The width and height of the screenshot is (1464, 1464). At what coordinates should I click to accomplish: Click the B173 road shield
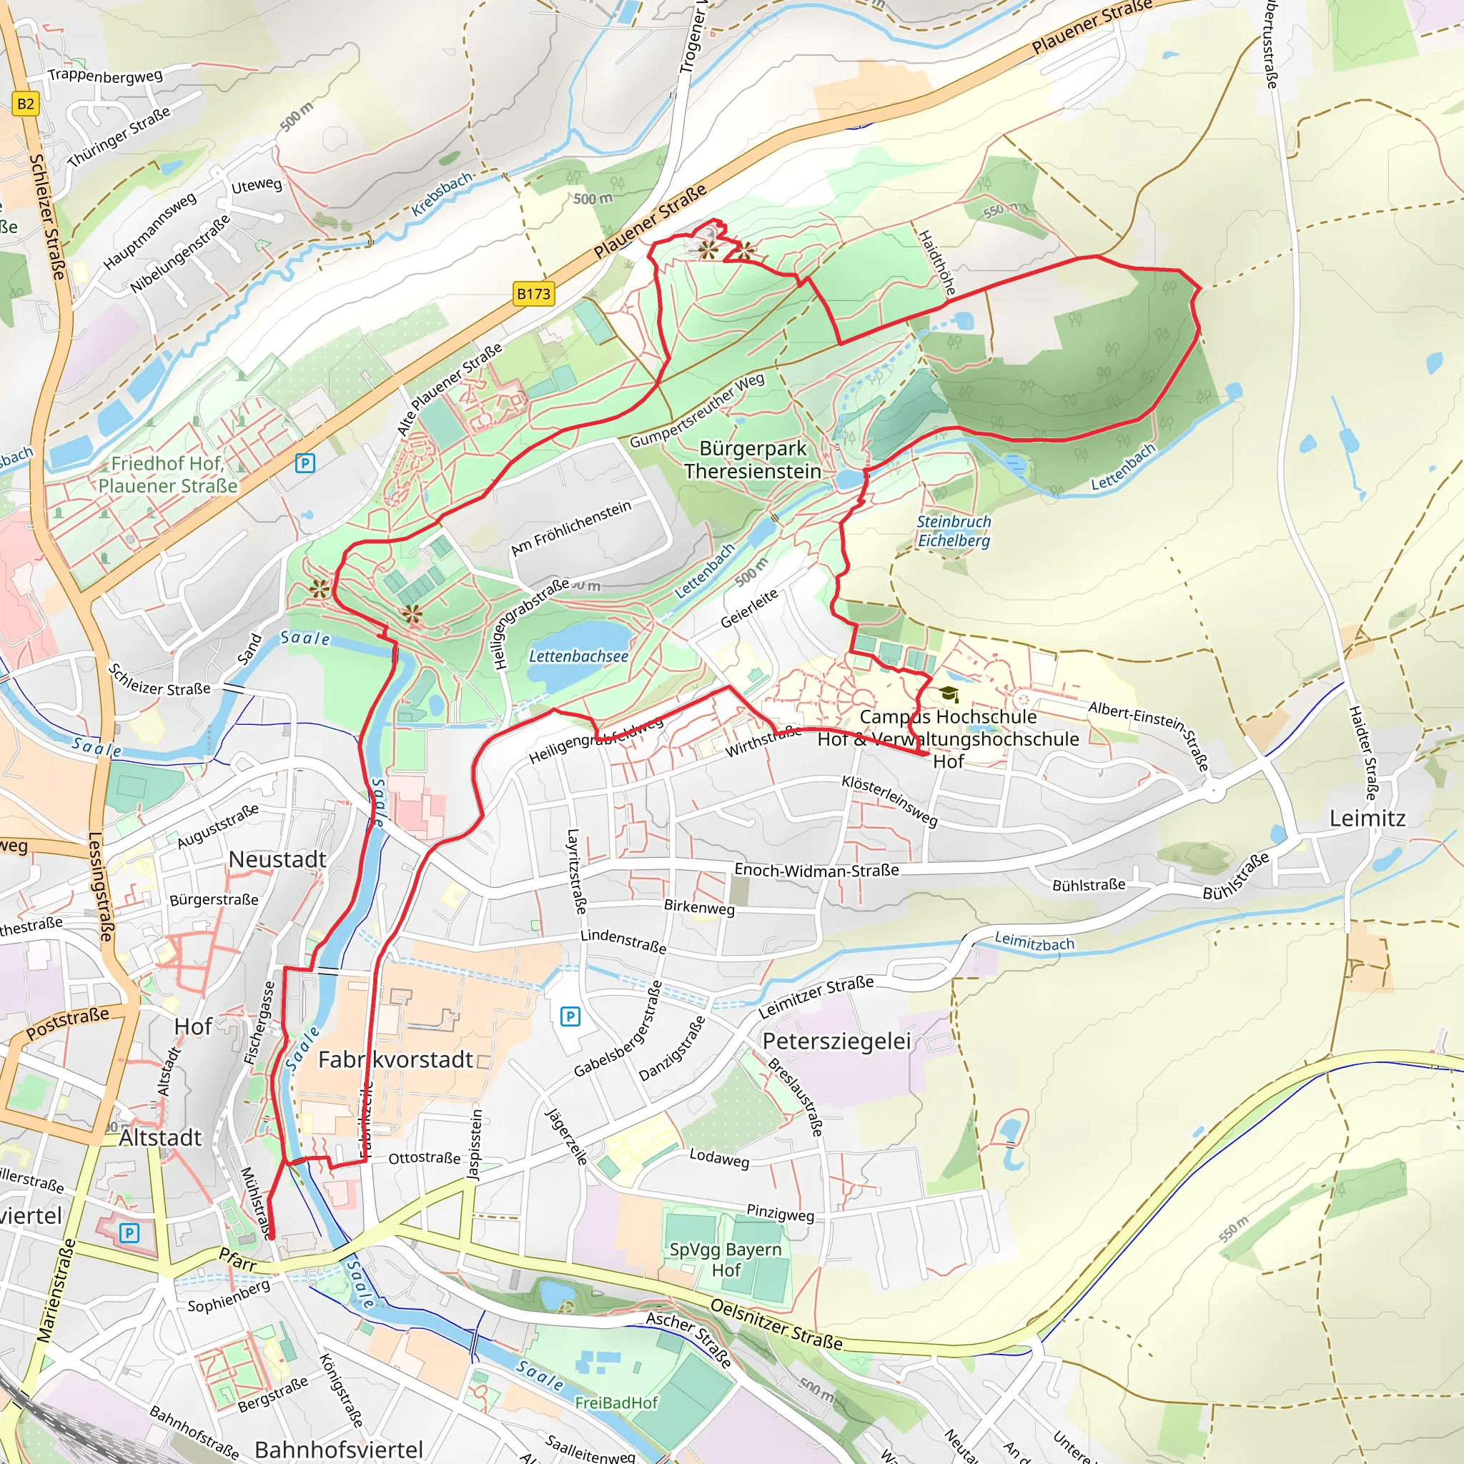[x=533, y=294]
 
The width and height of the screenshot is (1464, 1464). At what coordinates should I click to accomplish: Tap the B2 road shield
[x=25, y=104]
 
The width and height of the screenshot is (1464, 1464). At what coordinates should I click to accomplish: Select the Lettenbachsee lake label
[x=578, y=656]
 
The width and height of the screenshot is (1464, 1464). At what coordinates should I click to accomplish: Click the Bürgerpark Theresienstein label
[x=753, y=460]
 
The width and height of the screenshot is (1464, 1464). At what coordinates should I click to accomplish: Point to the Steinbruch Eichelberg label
[x=954, y=531]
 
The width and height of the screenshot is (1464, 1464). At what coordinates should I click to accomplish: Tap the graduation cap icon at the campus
[x=948, y=693]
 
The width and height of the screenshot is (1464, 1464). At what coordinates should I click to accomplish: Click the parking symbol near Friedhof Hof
[x=305, y=463]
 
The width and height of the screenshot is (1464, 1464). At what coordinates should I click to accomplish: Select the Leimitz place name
[x=1367, y=818]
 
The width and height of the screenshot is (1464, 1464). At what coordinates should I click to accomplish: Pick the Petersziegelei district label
[x=836, y=1041]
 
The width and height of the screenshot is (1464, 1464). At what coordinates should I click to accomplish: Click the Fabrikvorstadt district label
[x=395, y=1059]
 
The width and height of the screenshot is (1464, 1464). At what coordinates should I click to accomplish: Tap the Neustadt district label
[x=277, y=859]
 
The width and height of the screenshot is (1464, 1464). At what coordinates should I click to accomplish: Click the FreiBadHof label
[x=616, y=1403]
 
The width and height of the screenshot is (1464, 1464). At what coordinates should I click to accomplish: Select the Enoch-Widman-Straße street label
[x=816, y=871]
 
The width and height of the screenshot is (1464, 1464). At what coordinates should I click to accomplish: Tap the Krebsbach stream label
[x=442, y=194]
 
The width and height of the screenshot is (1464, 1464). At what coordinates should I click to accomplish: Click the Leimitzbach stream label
[x=1034, y=943]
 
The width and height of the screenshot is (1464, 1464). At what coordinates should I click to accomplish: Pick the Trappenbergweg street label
[x=104, y=75]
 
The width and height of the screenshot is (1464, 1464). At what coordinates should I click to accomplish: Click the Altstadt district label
[x=160, y=1137]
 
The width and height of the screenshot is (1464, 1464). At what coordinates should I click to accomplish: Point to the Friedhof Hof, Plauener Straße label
[x=167, y=475]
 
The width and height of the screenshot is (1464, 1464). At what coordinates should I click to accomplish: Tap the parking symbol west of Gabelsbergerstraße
[x=570, y=1017]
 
